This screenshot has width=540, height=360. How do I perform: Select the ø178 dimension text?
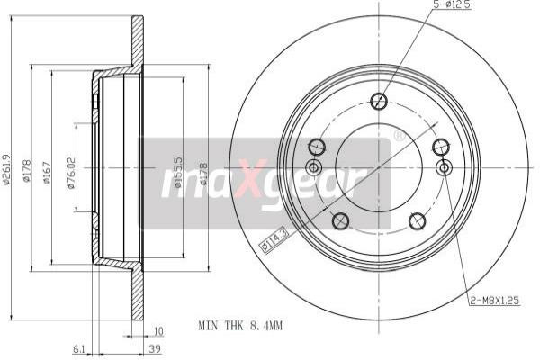point(28,168)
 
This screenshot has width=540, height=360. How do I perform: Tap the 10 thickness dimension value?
point(158,330)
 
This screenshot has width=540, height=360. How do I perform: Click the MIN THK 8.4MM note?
point(240,325)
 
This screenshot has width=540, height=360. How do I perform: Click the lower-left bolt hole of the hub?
point(340,220)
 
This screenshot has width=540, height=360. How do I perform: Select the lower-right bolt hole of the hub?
point(417,220)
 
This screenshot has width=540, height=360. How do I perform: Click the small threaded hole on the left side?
point(314,167)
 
